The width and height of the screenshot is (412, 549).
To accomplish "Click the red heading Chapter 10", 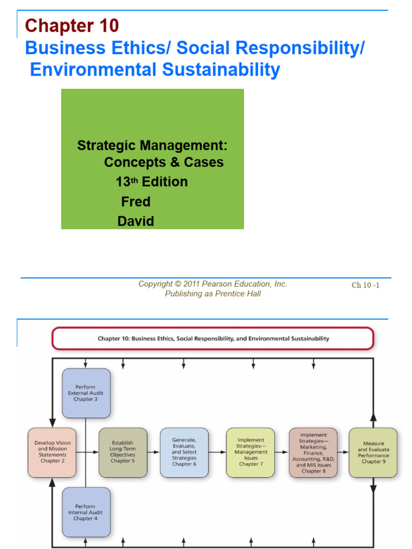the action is [x=72, y=25].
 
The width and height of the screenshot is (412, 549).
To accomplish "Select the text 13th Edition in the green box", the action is [x=152, y=182].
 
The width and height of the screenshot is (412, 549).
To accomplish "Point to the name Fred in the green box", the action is [x=136, y=202].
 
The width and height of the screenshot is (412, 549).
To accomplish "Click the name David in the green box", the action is [x=136, y=221].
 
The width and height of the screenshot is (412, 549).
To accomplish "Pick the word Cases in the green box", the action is [x=203, y=162].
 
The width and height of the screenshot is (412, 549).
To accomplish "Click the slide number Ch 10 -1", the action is [x=365, y=285].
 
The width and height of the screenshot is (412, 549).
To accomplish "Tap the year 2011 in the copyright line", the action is [x=192, y=284].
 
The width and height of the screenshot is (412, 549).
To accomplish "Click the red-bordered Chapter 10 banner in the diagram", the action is [x=213, y=339].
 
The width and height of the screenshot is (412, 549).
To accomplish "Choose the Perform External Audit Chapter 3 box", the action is [x=86, y=393].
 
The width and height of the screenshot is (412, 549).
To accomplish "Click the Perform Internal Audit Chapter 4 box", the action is [x=86, y=512].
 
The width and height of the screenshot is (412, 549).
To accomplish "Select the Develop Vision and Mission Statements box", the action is [x=52, y=452].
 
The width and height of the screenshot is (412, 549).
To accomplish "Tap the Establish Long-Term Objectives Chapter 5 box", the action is [x=123, y=452].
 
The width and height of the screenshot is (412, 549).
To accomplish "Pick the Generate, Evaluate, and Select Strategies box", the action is [x=184, y=452].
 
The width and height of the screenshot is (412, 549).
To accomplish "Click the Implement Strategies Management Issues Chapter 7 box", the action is [x=250, y=452].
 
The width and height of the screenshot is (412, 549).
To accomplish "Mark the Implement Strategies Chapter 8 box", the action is [x=313, y=452].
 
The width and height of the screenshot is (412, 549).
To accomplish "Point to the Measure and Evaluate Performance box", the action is [x=373, y=452].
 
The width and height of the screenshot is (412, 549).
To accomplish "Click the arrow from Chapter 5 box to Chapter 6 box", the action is [x=153, y=452].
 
